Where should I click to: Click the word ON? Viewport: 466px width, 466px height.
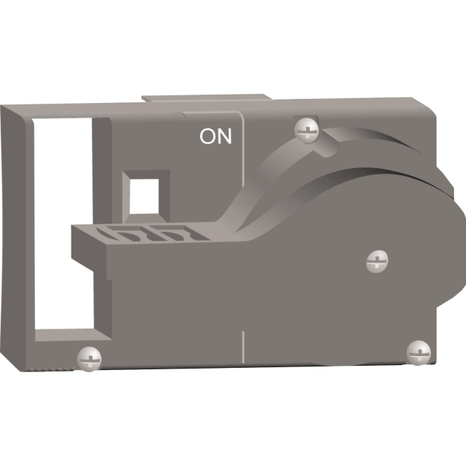[215, 137]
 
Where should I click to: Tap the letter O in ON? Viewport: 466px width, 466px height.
[207, 137]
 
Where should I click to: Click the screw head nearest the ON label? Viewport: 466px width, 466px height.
[306, 130]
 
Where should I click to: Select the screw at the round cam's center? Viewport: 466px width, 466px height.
[377, 261]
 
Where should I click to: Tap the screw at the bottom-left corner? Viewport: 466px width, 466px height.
[89, 359]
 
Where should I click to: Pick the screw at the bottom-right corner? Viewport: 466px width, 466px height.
[419, 352]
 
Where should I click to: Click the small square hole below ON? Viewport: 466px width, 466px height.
[144, 196]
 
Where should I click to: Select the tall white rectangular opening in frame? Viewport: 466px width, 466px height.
[63, 224]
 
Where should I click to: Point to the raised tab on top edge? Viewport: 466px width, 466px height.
[207, 98]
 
